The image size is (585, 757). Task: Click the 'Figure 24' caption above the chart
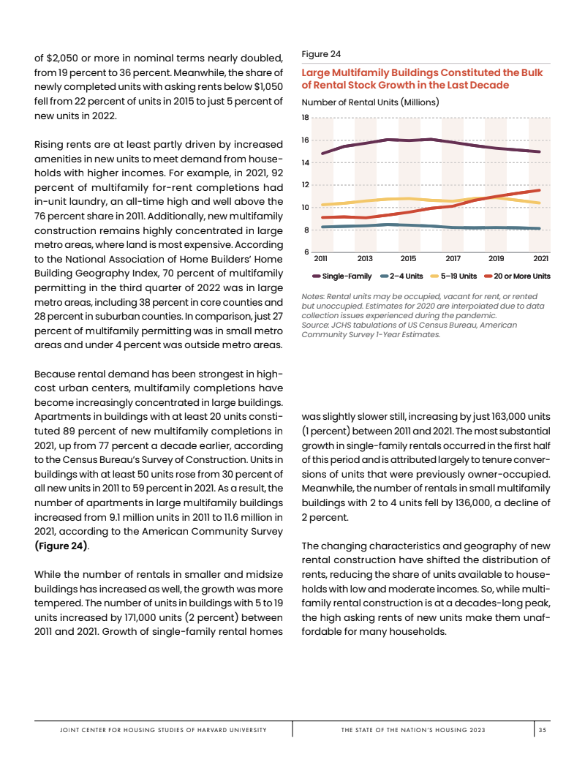pyautogui.click(x=320, y=53)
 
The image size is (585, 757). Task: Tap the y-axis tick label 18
pyautogui.click(x=306, y=117)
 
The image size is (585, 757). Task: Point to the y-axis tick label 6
pyautogui.click(x=306, y=252)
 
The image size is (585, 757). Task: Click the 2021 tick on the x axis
pyautogui.click(x=541, y=259)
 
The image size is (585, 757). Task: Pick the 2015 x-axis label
pyautogui.click(x=409, y=259)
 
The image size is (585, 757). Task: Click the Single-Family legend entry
pyautogui.click(x=342, y=276)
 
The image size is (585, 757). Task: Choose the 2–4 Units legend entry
pyautogui.click(x=401, y=276)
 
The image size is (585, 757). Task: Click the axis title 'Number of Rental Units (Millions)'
pyautogui.click(x=370, y=102)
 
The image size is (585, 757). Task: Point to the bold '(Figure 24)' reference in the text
pyautogui.click(x=61, y=546)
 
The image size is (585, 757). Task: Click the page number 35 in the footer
pyautogui.click(x=542, y=730)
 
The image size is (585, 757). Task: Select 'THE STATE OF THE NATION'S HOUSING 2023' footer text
pyautogui.click(x=413, y=730)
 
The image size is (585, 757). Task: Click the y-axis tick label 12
pyautogui.click(x=306, y=185)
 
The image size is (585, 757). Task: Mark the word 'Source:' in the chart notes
pyautogui.click(x=316, y=325)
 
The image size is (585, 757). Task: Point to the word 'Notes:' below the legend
pyautogui.click(x=314, y=296)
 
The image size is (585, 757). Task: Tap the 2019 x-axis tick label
pyautogui.click(x=497, y=259)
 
